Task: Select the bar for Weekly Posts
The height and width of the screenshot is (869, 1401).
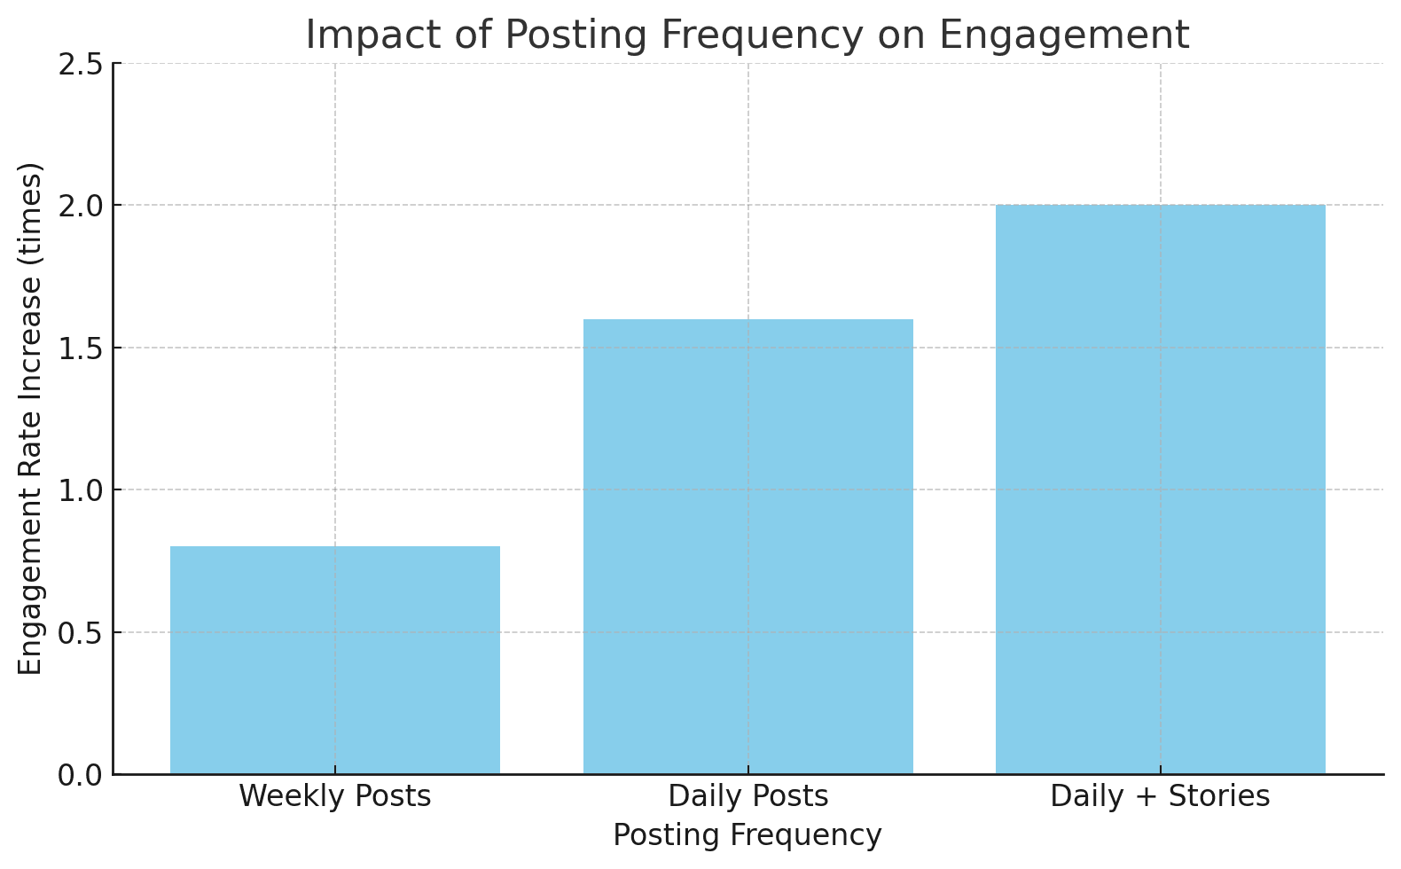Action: (x=335, y=660)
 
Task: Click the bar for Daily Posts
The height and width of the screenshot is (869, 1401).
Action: (x=747, y=546)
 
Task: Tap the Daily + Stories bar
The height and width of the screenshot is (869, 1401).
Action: (x=1160, y=489)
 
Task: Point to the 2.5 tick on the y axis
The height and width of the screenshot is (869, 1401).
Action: (x=80, y=65)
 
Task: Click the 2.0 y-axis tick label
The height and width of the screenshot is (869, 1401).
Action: (x=80, y=207)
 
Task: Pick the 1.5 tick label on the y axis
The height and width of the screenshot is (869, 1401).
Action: (x=80, y=348)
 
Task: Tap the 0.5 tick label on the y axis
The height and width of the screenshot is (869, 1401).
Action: (x=80, y=633)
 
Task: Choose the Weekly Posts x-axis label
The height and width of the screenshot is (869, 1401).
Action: (x=335, y=796)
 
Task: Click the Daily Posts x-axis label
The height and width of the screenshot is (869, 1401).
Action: (x=747, y=796)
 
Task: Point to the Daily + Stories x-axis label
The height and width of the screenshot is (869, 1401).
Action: (x=1160, y=796)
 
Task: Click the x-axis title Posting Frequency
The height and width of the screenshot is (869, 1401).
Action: (x=747, y=835)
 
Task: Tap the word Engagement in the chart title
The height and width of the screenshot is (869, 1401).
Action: (x=1064, y=35)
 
